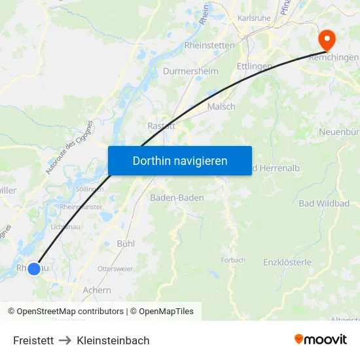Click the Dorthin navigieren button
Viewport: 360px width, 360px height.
180,160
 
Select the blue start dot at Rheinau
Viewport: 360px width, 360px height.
34,268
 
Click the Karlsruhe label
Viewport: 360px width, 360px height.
254,18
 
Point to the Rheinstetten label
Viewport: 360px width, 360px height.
209,45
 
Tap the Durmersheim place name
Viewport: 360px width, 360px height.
190,71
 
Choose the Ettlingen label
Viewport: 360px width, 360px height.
254,66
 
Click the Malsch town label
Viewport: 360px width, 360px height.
221,107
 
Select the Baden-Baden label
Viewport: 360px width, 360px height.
177,198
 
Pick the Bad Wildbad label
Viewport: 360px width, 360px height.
324,204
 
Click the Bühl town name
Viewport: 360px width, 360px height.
125,243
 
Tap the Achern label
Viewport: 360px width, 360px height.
97,290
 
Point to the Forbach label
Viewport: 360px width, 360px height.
233,260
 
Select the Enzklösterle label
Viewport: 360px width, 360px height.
287,262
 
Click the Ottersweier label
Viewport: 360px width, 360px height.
115,269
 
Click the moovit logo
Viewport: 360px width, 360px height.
321,339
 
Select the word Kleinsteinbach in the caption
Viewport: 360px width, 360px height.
113,340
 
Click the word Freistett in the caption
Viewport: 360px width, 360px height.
33,340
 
